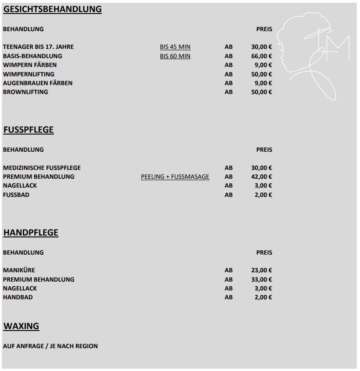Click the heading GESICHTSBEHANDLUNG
(53, 9)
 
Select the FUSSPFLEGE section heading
(28, 130)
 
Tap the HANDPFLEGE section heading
(31, 233)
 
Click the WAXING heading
(21, 326)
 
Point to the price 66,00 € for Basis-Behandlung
(261, 56)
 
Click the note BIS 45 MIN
(175, 47)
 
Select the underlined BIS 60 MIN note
(175, 56)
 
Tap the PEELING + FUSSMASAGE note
(175, 177)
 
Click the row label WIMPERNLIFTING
(28, 74)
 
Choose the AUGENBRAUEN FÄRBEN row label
(38, 83)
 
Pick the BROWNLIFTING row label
(26, 92)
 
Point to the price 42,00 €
(261, 177)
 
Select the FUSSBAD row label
(16, 195)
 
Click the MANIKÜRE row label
(19, 270)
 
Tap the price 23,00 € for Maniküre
(261, 270)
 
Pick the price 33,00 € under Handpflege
(261, 280)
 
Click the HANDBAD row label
(18, 297)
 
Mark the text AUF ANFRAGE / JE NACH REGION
(50, 346)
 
